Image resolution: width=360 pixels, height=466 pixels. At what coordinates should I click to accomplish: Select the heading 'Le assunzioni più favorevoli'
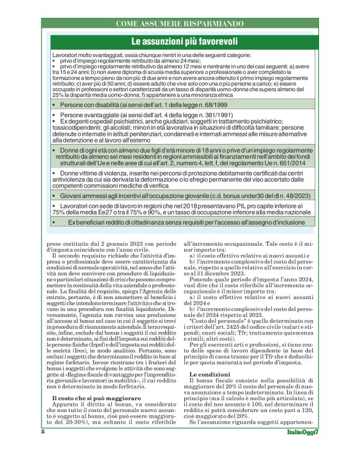(x=179, y=41)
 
